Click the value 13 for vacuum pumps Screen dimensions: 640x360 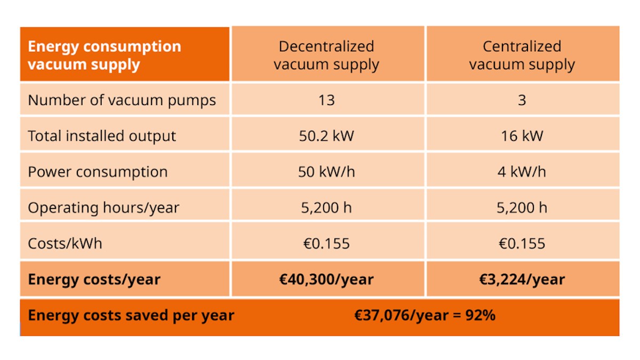coord(326,100)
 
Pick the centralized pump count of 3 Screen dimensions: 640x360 coord(522,100)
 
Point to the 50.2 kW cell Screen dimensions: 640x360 coord(326,136)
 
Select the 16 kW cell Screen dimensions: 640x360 coord(522,136)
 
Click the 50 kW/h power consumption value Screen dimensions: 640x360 coord(326,172)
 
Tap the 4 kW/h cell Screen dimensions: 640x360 coord(522,172)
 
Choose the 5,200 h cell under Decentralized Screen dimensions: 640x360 coord(326,207)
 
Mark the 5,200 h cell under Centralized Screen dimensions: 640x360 coord(522,207)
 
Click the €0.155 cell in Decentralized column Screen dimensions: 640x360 coord(326,244)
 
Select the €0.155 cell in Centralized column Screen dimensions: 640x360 coord(522,244)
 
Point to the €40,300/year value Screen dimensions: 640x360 coord(326,279)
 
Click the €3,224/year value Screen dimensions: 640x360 coord(522,279)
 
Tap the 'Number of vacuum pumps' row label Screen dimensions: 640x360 coord(122,101)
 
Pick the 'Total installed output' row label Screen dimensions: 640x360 coord(102,136)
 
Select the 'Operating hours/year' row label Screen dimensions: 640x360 coord(103,207)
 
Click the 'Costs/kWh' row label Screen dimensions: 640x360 coord(65,244)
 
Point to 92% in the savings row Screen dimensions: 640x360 coord(481,315)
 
